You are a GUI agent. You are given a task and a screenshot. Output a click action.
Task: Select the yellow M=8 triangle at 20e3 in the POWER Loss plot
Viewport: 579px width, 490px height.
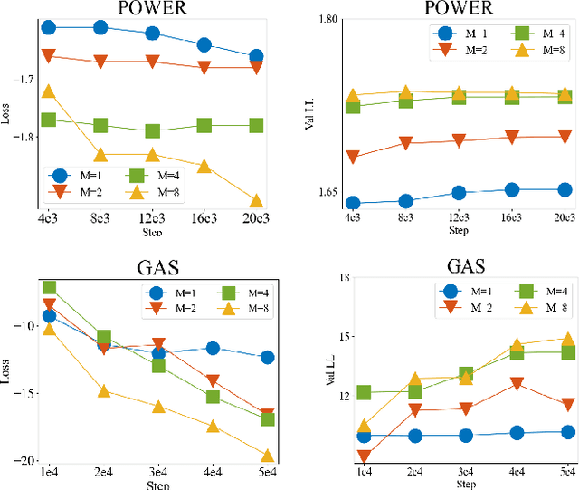tap(256, 200)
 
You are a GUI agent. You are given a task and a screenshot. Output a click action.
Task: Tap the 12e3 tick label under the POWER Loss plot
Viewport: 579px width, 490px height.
tap(152, 218)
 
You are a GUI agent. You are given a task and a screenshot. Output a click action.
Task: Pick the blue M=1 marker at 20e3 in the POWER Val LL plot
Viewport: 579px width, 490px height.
tap(565, 189)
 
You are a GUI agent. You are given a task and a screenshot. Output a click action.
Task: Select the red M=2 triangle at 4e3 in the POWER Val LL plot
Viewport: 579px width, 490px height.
tap(353, 158)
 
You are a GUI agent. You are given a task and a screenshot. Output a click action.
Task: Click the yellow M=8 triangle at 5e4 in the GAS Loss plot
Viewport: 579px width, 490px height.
tap(268, 455)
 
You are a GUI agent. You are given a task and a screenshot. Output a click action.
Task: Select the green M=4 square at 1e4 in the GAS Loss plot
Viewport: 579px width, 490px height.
tap(49, 288)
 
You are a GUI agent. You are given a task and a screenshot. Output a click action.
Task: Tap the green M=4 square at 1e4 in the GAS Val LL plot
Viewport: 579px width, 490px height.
tap(363, 393)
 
